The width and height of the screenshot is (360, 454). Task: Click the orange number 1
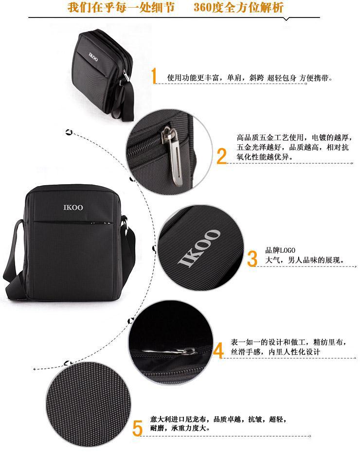154,76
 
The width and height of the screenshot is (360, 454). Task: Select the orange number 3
252,259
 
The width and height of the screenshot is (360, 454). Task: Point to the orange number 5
138,429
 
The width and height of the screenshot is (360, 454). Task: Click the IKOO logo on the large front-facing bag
73,207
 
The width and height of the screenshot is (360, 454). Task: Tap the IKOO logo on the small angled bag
93,57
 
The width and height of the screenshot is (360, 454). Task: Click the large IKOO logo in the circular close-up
199,248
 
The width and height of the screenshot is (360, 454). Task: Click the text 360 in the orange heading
202,7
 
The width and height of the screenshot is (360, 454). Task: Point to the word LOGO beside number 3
288,250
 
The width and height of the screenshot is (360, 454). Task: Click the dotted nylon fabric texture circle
89,405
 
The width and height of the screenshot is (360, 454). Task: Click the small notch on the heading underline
286,19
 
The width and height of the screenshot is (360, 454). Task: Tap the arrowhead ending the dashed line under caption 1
306,84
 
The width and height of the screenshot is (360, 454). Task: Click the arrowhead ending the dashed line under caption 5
310,436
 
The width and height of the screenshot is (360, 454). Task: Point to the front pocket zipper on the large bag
73,222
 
